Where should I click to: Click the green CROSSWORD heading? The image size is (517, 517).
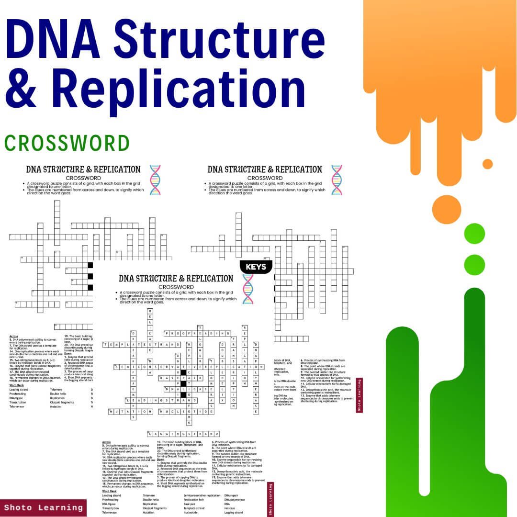(x=67, y=143)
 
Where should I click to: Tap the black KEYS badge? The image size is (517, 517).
(x=256, y=267)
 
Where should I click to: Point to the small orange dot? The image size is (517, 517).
(x=487, y=164)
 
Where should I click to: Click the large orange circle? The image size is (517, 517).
(x=446, y=208)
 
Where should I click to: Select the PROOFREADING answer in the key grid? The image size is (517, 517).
(x=198, y=333)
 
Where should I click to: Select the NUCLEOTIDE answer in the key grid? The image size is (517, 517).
(x=186, y=411)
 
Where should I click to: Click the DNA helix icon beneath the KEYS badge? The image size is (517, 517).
(x=247, y=289)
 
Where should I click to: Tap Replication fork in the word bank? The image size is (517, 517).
(x=194, y=499)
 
